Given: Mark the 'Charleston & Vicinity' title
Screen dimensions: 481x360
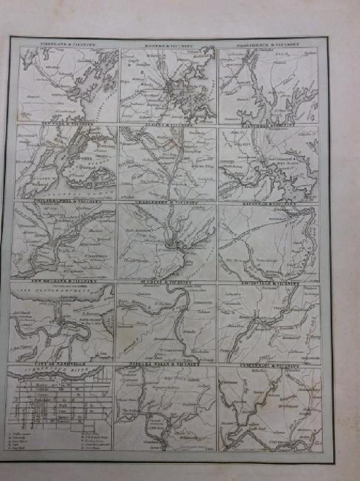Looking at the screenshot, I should click(x=168, y=203).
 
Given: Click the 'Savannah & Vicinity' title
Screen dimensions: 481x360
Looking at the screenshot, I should click(x=268, y=204).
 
